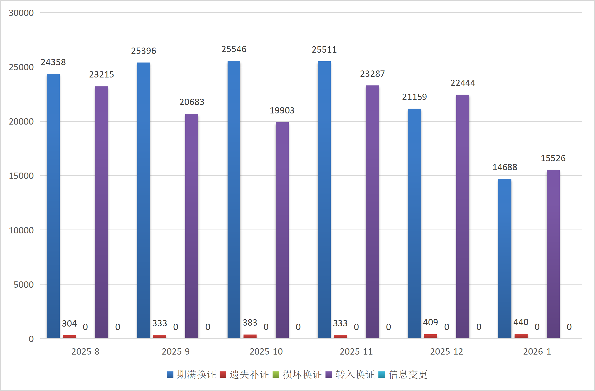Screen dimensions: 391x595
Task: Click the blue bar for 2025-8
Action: click(x=53, y=206)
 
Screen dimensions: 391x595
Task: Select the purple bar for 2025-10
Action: click(x=282, y=230)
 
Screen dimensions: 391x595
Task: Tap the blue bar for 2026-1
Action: click(x=505, y=258)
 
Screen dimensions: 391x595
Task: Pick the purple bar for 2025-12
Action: click(x=463, y=216)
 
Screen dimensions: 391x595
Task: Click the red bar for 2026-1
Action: click(x=521, y=336)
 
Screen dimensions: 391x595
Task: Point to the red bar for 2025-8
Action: click(x=69, y=337)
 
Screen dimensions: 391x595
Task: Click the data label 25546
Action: click(x=234, y=49)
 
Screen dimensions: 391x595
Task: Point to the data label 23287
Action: click(x=372, y=74)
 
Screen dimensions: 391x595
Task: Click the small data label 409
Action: click(x=430, y=322)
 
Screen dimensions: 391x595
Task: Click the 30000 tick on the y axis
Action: click(x=21, y=13)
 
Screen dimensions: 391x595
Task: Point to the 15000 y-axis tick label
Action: click(x=21, y=176)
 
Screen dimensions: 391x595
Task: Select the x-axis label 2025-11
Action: click(x=356, y=351)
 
